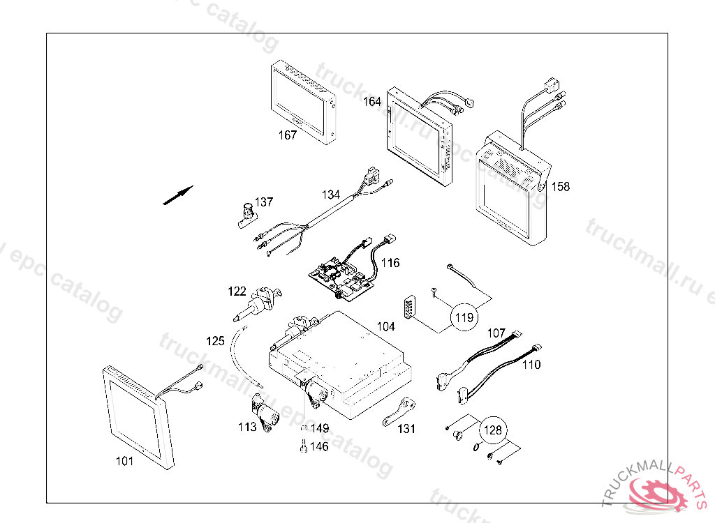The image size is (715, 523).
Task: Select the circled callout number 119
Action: tap(464, 317)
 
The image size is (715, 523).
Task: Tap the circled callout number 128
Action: tap(493, 431)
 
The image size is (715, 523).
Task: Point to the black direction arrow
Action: tap(177, 195)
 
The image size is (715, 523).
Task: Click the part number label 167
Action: tap(288, 135)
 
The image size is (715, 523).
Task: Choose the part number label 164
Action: tap(372, 102)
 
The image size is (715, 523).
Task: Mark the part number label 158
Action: tap(560, 186)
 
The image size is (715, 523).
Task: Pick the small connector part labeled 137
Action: tap(247, 215)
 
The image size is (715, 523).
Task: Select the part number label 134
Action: tap(331, 194)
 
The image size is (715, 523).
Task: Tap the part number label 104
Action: tap(386, 326)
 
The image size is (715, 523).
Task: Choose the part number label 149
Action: tap(320, 428)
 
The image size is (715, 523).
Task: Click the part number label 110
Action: tap(531, 364)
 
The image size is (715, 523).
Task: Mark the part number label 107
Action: tap(496, 333)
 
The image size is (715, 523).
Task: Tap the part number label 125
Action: tap(216, 341)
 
